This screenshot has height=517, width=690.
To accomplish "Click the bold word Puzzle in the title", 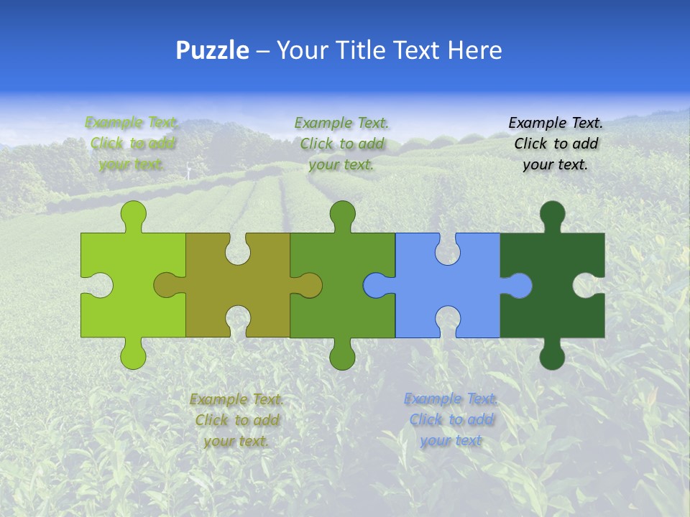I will pyautogui.click(x=213, y=50).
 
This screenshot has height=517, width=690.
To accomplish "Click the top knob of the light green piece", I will pyautogui.click(x=133, y=213).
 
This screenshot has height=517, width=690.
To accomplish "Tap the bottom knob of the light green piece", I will pyautogui.click(x=133, y=356).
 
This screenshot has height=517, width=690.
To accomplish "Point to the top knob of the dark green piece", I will pyautogui.click(x=552, y=213).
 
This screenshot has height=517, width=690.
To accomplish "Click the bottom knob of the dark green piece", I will pyautogui.click(x=552, y=356).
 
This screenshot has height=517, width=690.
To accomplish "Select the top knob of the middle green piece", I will pyautogui.click(x=342, y=213).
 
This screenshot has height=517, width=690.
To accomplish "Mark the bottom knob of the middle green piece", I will pyautogui.click(x=342, y=356).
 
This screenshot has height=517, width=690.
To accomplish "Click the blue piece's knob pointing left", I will pyautogui.click(x=375, y=286).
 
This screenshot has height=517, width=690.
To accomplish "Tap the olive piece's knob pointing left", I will pyautogui.click(x=166, y=286).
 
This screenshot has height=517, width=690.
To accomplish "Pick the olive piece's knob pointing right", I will pyautogui.click(x=310, y=286).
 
